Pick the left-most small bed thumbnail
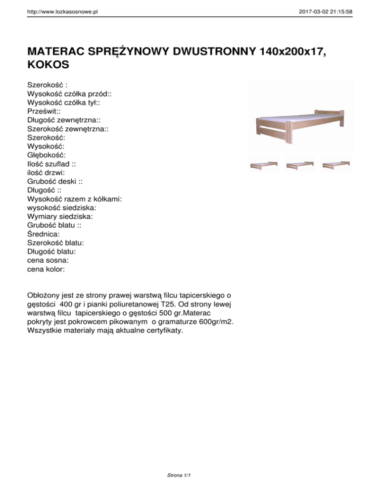coord(264,163)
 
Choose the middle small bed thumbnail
coord(301,163)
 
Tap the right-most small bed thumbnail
coord(336,163)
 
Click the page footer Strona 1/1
coord(179,476)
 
